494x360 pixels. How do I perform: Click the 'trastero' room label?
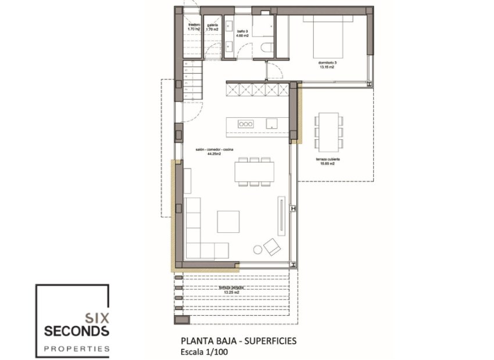(x=194, y=24)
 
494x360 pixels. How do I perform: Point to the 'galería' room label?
(x=212, y=24)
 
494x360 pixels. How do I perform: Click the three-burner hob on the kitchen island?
(x=246, y=123)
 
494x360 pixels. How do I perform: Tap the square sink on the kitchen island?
(x=271, y=123)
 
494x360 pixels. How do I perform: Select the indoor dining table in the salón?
(x=254, y=172)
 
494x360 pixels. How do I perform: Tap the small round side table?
(x=257, y=250)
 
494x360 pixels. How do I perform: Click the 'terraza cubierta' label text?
(x=329, y=159)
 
